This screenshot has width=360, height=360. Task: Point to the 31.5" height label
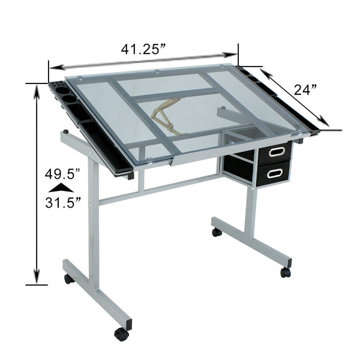pos(62,202)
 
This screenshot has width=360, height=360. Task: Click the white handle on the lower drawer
pos(275,173)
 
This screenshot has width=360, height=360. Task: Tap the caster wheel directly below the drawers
pos(285,272)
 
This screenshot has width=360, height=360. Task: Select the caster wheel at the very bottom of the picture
pos(122,334)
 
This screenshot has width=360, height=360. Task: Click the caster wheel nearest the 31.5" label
pos(70,278)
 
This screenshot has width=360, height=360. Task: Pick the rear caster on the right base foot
pos(217,232)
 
